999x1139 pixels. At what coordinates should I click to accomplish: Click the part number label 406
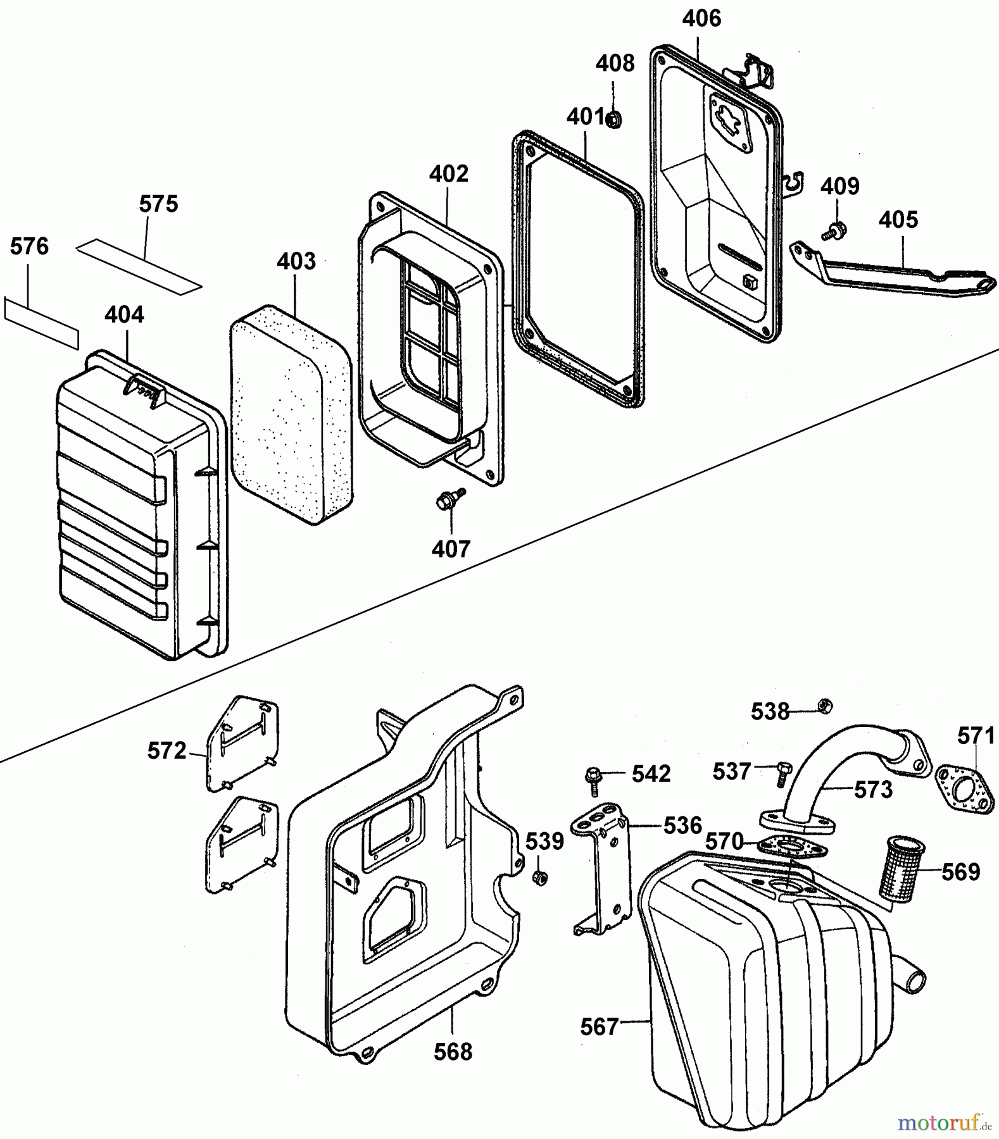tap(701, 19)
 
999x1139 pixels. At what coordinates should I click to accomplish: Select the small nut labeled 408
tap(613, 118)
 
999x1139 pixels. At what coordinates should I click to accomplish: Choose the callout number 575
tap(158, 204)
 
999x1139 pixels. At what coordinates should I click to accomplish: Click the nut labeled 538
tap(824, 705)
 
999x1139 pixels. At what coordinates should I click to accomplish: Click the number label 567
tap(599, 1027)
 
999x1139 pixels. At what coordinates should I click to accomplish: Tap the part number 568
tap(453, 1052)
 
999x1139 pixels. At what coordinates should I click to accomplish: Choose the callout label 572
tap(166, 751)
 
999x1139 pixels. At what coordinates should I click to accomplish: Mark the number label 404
tap(124, 315)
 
